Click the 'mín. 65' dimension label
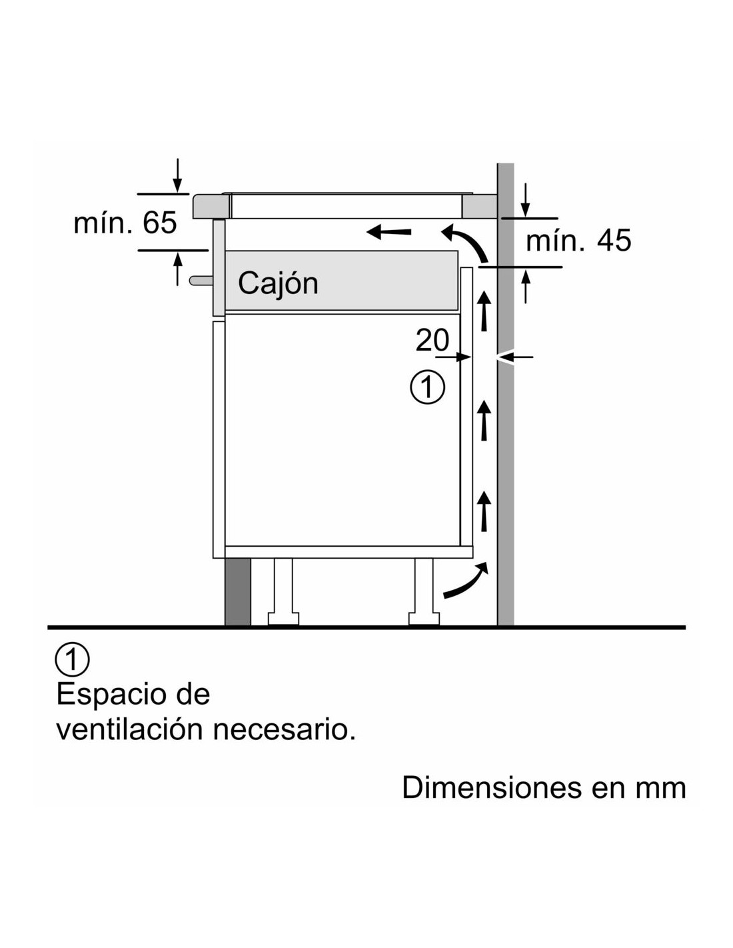(x=125, y=223)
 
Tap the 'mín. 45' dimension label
(x=578, y=241)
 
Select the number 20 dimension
(x=432, y=340)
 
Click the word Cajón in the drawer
(x=278, y=283)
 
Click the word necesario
(x=284, y=742)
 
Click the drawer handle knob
(x=201, y=280)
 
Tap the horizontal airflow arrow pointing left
(x=389, y=233)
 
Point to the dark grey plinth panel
(x=238, y=592)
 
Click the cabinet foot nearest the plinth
(x=283, y=592)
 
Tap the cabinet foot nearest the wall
(x=424, y=592)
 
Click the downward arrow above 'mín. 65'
(x=177, y=175)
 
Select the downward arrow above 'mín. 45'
(x=526, y=200)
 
